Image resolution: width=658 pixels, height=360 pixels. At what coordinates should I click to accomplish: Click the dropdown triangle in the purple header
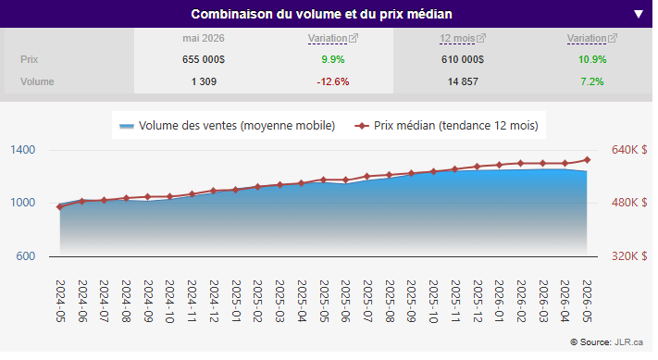[x=639, y=14]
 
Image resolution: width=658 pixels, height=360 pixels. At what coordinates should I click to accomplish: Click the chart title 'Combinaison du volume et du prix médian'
[x=321, y=14]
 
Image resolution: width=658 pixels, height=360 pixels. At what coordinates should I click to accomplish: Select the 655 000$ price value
[x=204, y=59]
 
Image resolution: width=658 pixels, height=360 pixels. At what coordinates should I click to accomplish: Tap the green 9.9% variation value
[x=333, y=59]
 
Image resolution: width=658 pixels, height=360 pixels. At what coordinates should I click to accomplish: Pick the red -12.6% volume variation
[x=333, y=81]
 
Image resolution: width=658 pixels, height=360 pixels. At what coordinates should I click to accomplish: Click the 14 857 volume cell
[x=463, y=81]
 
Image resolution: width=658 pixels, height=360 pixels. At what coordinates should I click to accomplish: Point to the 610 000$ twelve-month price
[x=463, y=59]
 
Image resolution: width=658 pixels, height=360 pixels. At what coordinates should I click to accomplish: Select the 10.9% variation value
[x=592, y=59]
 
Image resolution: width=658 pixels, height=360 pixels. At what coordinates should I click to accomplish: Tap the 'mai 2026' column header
[x=204, y=38]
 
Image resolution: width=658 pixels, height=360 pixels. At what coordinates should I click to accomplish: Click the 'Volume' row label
[x=37, y=81]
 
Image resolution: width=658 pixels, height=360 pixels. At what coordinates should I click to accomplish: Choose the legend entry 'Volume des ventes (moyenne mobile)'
[x=227, y=126]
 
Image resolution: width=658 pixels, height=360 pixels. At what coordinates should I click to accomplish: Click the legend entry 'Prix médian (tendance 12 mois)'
[x=446, y=126]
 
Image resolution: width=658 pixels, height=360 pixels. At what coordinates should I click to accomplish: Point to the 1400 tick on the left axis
[x=22, y=150]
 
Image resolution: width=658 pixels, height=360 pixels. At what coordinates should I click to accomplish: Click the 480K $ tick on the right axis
[x=629, y=203]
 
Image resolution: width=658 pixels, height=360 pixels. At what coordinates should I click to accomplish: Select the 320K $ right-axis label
[x=629, y=256]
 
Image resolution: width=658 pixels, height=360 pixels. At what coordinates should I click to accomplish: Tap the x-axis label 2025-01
[x=236, y=302]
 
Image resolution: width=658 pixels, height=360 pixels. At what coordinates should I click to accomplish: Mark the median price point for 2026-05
[x=587, y=160]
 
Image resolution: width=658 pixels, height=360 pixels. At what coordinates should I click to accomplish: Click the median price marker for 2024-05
[x=60, y=206]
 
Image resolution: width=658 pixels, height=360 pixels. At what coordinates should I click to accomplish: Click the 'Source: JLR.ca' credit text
[x=607, y=342]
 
